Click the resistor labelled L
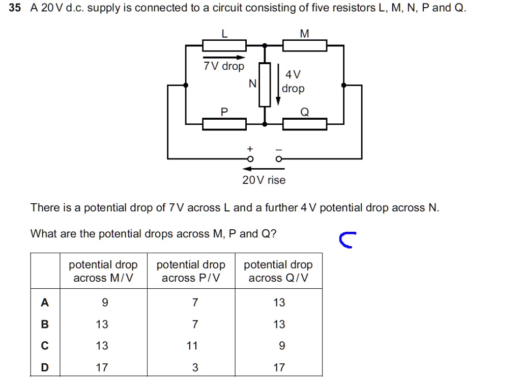(x=224, y=46)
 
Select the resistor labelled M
(x=305, y=46)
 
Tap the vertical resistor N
(x=265, y=85)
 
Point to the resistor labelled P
(x=224, y=124)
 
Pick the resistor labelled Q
(x=305, y=124)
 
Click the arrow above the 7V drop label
(x=224, y=57)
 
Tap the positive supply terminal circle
(x=250, y=159)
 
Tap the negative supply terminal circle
(x=278, y=159)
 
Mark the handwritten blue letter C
(x=346, y=240)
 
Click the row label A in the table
(x=45, y=303)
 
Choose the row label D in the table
(x=45, y=367)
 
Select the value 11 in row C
(x=191, y=346)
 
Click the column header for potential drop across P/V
(x=191, y=271)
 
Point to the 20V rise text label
(x=264, y=180)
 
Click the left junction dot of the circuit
(x=186, y=85)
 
